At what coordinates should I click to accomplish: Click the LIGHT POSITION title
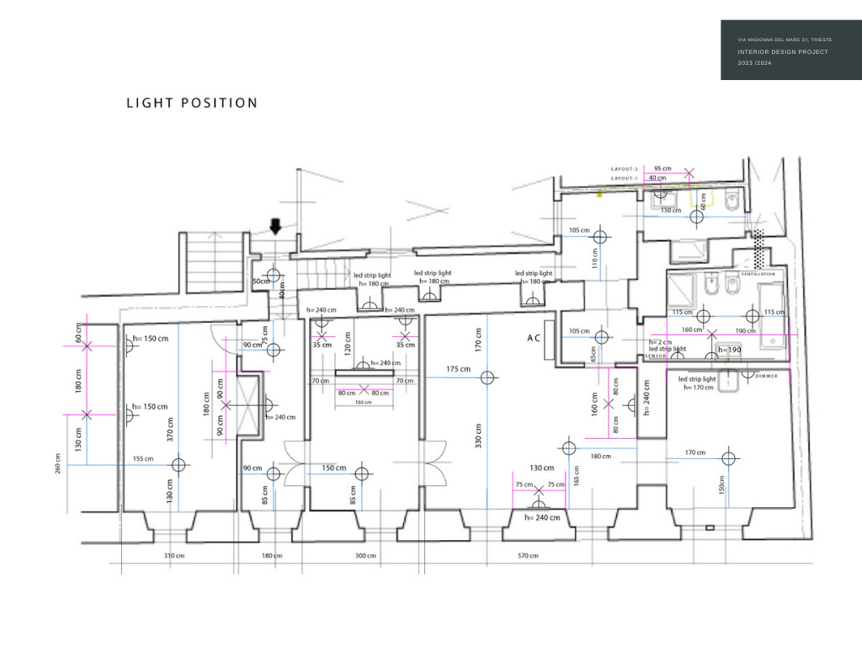[192, 103]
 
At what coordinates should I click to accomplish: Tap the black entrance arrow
[275, 227]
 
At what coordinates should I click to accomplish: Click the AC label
[534, 337]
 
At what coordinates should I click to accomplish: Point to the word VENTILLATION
[758, 274]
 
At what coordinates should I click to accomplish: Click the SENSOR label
[656, 356]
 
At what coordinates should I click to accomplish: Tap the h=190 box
[729, 350]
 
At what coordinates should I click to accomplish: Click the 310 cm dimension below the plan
[174, 556]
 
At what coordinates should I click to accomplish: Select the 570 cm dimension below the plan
[528, 556]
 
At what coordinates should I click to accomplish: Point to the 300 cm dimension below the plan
[365, 556]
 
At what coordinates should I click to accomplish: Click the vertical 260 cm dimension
[58, 464]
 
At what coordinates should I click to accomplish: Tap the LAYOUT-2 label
[625, 169]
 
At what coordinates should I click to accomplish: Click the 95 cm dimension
[662, 168]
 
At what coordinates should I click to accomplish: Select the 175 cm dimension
[458, 369]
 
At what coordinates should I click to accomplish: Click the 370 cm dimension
[170, 430]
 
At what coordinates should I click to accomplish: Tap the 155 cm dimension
[143, 459]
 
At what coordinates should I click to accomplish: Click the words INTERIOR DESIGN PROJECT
[783, 52]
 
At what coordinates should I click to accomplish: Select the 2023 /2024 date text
[754, 63]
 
